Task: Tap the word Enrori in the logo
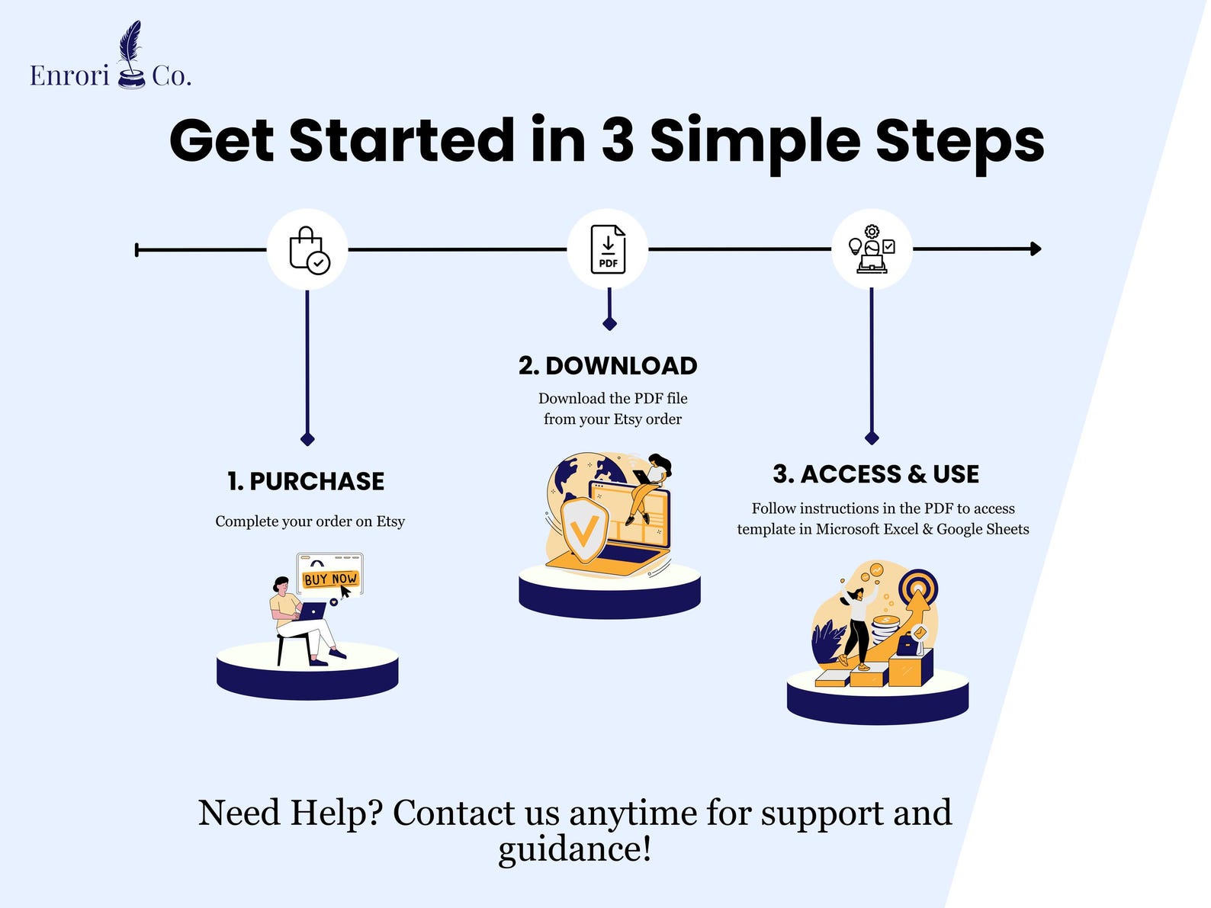point(69,75)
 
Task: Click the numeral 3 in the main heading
point(618,140)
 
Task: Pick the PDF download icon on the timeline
point(608,249)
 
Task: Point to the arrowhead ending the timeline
point(1036,249)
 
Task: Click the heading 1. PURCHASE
point(306,481)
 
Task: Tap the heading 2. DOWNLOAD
point(608,366)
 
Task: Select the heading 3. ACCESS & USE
point(876,474)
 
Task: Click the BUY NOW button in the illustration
point(330,579)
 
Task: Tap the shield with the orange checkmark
point(584,531)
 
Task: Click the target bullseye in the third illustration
point(918,589)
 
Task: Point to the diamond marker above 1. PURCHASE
point(307,439)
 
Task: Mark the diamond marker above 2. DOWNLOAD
point(609,323)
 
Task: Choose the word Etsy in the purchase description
point(390,521)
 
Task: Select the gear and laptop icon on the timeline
point(872,249)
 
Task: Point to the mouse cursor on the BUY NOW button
point(345,592)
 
